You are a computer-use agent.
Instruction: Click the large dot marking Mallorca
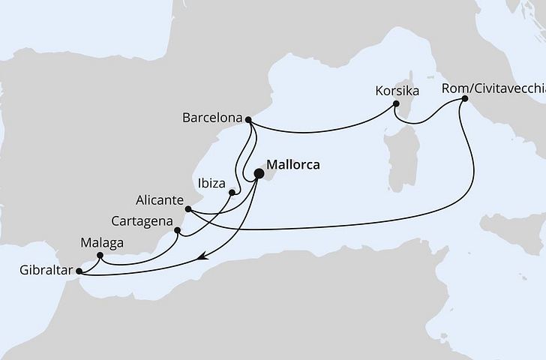[x=259, y=174]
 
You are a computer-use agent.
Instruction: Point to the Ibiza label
[x=212, y=182]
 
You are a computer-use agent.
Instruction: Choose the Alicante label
[x=159, y=200]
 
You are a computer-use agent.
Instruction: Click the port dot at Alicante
[x=189, y=209]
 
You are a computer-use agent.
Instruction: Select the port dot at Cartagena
[x=177, y=230]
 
